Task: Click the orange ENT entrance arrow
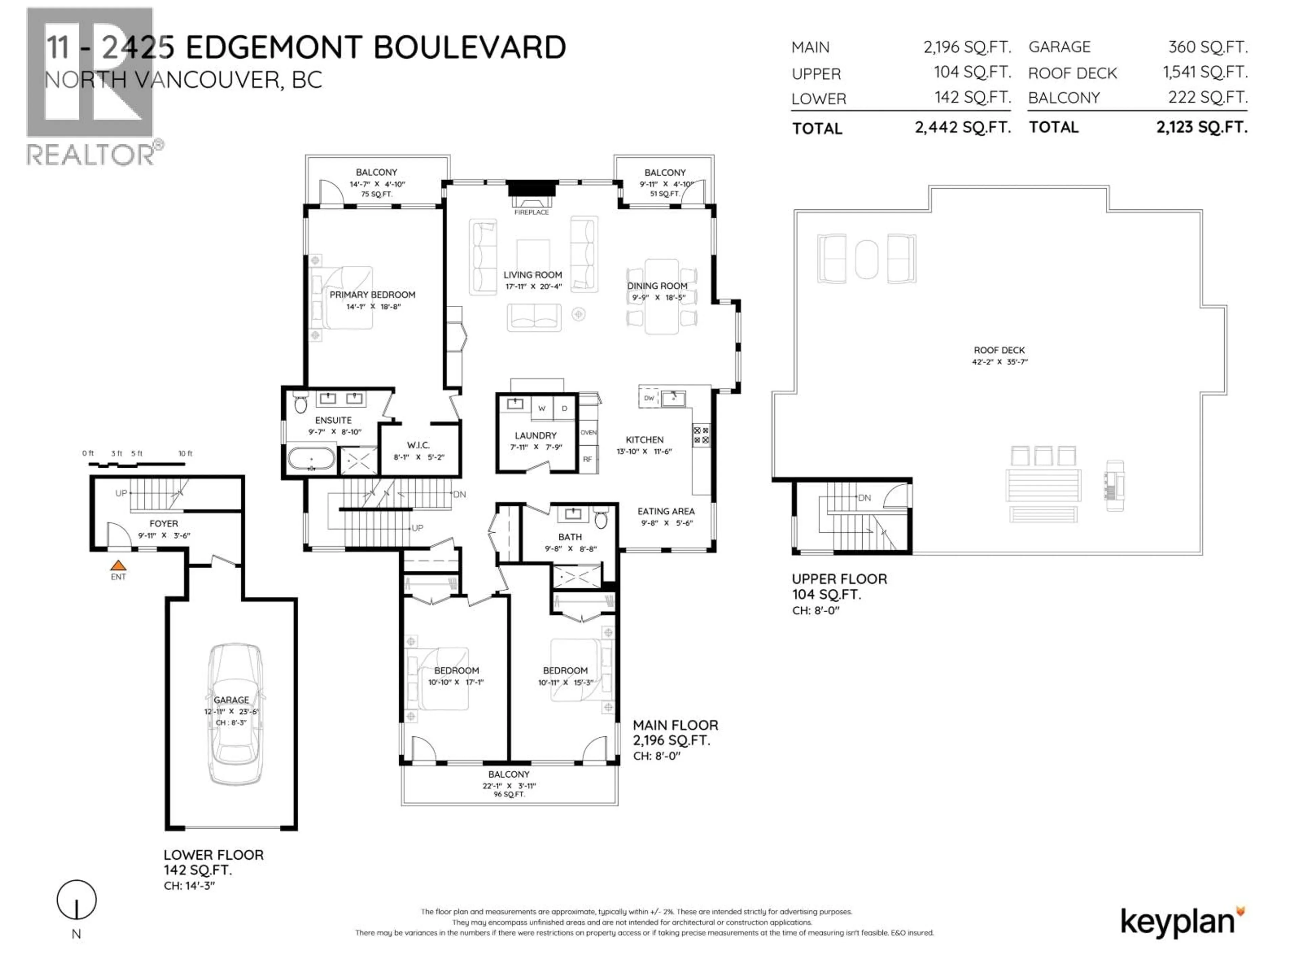click(118, 565)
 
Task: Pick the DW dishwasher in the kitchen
click(649, 398)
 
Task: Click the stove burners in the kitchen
click(701, 435)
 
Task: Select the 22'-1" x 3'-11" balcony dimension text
click(509, 786)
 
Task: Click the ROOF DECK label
click(999, 350)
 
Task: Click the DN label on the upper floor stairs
click(864, 498)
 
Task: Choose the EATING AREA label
click(666, 511)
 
